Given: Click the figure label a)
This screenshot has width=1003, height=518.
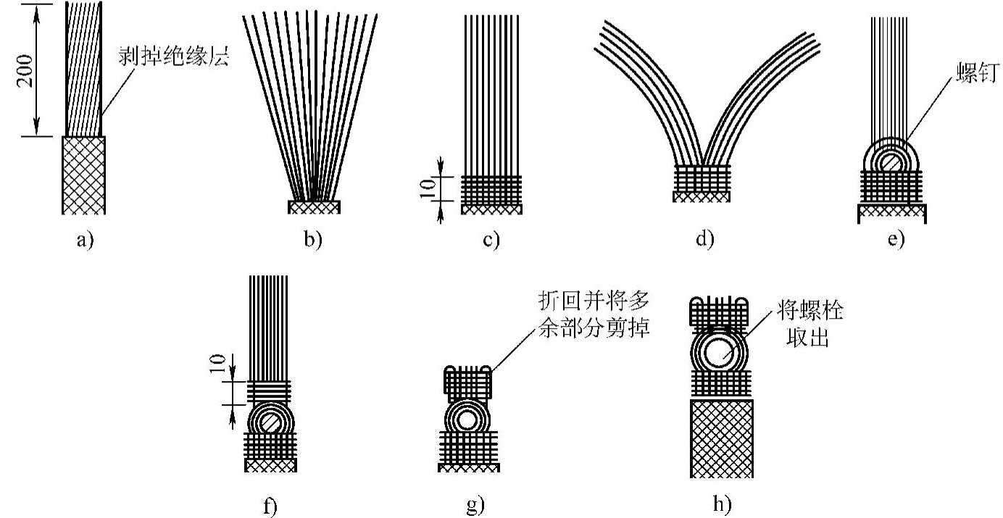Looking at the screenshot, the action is (x=85, y=241).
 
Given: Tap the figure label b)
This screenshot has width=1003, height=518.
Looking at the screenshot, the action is (x=313, y=240).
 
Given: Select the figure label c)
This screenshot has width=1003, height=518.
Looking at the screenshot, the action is (x=491, y=240).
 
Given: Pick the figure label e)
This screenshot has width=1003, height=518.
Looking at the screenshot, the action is (x=896, y=240).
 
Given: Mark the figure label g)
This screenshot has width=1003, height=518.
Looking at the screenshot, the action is (x=475, y=505).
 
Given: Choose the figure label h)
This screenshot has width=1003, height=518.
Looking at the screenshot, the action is (x=722, y=504).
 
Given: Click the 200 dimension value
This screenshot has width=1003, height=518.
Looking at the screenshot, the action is (x=25, y=71).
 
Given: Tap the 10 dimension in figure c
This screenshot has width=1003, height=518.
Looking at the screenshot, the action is (x=427, y=189).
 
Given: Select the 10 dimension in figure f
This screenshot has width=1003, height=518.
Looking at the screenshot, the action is (x=217, y=364).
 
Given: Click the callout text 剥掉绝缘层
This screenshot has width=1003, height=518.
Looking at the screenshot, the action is (x=174, y=56).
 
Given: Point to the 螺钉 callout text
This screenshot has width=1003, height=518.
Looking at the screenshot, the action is (x=978, y=72).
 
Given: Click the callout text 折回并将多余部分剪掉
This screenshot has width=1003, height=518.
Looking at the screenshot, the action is (x=594, y=314).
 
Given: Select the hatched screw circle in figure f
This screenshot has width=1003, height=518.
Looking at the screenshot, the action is (x=270, y=423).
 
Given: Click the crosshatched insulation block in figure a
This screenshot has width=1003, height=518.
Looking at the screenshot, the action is (x=84, y=175).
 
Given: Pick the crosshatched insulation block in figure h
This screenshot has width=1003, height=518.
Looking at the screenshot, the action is (x=721, y=439).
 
